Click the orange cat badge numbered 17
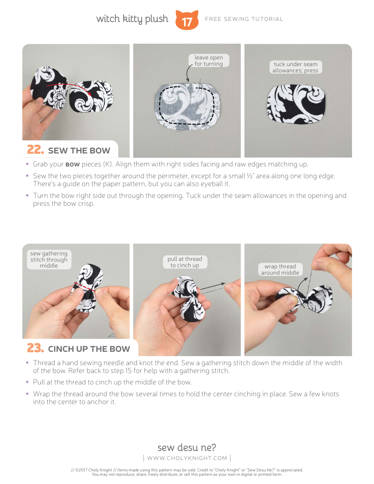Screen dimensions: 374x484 (187, 20)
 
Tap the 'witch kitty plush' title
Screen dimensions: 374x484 (132, 19)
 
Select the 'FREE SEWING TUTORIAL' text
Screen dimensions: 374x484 (244, 19)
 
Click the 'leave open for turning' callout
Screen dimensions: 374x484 (209, 61)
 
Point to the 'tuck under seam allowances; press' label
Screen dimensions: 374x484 (295, 67)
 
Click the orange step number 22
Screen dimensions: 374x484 (35, 150)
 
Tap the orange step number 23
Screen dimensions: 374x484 (35, 348)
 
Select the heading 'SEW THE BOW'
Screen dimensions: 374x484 (79, 151)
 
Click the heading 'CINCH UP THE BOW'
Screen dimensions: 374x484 (89, 349)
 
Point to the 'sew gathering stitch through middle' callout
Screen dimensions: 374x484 (49, 259)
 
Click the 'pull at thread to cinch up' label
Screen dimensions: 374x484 (185, 262)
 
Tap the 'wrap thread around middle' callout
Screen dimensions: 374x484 (280, 270)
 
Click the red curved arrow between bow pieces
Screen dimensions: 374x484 (69, 85)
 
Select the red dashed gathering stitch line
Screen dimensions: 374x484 (85, 287)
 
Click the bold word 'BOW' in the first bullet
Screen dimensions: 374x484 (72, 164)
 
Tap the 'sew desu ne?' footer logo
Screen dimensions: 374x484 (187, 447)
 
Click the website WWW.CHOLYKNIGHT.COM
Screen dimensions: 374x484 (187, 458)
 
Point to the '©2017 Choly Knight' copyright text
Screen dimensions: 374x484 (93, 470)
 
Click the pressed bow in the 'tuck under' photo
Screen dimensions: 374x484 (296, 104)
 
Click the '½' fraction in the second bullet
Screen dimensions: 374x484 (250, 176)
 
